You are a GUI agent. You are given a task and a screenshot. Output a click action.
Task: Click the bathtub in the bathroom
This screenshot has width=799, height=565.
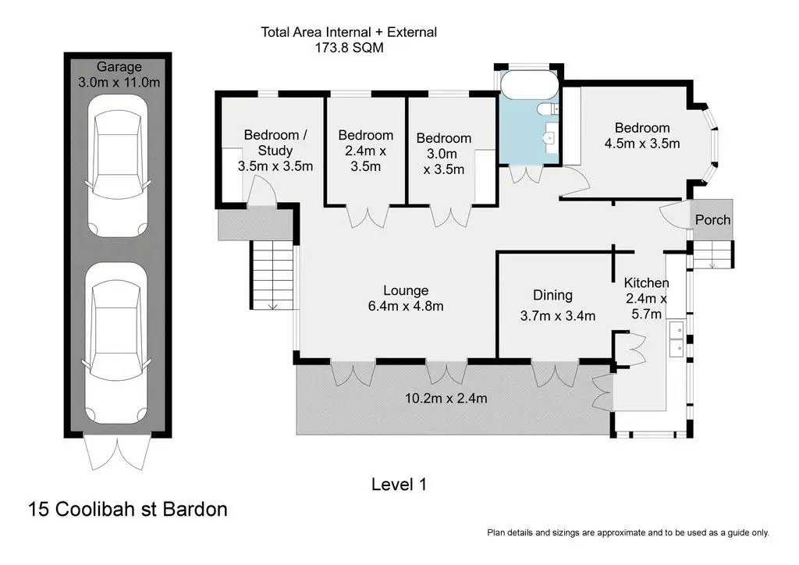(x=530, y=84)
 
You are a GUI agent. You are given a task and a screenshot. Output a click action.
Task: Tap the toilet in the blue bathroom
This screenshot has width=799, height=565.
(x=549, y=108)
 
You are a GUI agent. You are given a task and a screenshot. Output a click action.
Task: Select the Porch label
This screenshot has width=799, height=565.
(x=712, y=219)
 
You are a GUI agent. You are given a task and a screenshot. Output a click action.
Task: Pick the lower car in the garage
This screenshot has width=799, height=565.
(x=117, y=343)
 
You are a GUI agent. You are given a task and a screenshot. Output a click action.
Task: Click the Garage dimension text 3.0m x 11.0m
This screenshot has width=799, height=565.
(x=119, y=82)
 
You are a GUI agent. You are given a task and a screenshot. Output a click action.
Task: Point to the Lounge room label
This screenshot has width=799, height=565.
(x=406, y=290)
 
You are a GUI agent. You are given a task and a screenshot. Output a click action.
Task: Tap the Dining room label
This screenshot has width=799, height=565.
(x=552, y=296)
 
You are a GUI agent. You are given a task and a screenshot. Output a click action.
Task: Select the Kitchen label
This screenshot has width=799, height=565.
(x=646, y=282)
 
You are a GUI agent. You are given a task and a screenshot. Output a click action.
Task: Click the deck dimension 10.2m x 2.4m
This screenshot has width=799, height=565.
(x=446, y=398)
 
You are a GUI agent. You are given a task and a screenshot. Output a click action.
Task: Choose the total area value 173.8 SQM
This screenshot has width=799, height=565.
(x=349, y=48)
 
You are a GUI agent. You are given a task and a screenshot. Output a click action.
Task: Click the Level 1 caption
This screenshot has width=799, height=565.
(x=399, y=484)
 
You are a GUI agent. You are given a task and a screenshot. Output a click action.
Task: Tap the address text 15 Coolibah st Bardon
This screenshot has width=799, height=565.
(x=128, y=509)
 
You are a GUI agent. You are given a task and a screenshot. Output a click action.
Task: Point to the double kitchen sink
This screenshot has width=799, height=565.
(x=676, y=339)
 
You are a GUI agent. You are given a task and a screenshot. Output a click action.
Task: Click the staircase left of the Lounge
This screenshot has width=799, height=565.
(x=272, y=275)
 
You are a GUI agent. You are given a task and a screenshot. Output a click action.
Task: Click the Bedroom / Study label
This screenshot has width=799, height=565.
(x=275, y=143)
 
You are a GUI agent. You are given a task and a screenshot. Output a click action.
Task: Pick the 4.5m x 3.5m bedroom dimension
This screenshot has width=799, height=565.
(x=642, y=144)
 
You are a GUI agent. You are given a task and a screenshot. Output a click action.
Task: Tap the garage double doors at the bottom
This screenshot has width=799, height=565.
(x=118, y=452)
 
